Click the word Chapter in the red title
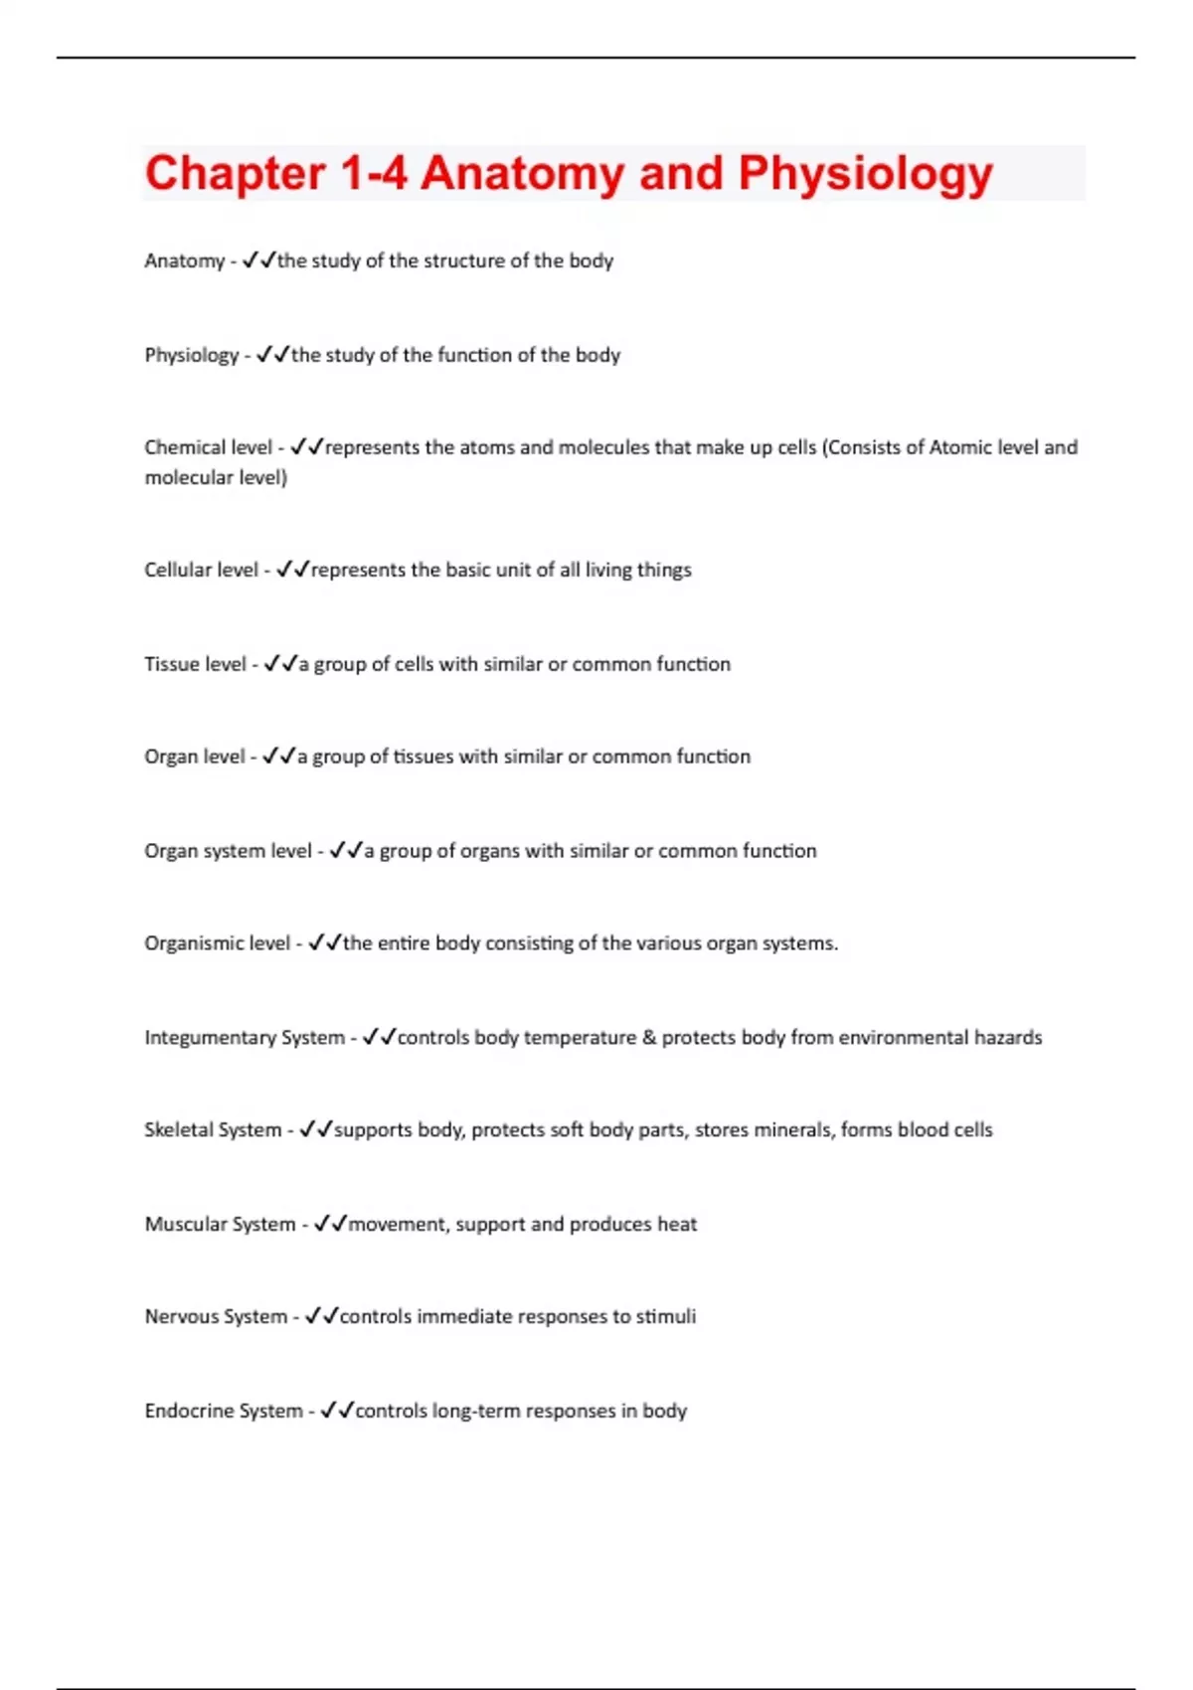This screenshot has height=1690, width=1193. tap(235, 174)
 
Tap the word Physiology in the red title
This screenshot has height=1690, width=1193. tap(865, 174)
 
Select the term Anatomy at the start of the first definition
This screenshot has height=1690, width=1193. tap(185, 261)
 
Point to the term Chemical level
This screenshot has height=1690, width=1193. tap(208, 447)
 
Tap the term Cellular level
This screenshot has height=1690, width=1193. tap(201, 570)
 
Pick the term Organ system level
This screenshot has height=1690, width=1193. tap(228, 851)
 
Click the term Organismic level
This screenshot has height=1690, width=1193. tap(217, 943)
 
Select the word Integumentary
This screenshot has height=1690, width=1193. tap(210, 1038)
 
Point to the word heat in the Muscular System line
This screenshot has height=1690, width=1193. tap(677, 1224)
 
